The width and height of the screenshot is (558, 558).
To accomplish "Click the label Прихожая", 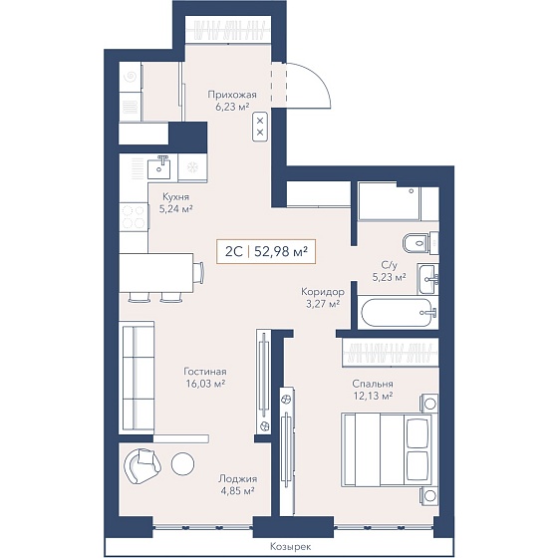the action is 232,95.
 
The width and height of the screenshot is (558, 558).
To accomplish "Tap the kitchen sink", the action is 159,168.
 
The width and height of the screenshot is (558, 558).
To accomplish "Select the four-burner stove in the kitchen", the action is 134,217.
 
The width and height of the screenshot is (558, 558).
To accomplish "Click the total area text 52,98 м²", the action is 281,251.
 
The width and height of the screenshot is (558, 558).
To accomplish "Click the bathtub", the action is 398,313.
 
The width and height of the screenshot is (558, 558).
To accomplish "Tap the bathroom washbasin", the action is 427,279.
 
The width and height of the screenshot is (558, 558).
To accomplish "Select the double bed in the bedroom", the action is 387,449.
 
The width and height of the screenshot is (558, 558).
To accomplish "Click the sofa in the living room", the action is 139,377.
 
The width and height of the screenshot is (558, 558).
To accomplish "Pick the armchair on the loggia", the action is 141,465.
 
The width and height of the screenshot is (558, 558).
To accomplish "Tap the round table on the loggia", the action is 182,463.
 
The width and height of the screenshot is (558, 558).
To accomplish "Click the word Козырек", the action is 290,546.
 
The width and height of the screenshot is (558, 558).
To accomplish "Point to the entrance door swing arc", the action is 320,76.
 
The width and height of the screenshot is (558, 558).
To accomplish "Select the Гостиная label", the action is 205,372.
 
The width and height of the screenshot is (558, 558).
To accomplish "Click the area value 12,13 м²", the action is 373,396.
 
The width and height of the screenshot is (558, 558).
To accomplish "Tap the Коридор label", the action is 323,292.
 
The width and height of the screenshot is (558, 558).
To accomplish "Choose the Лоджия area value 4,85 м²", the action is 236,490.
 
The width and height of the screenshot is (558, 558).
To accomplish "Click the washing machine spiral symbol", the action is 131,77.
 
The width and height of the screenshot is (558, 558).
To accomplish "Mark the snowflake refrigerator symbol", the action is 192,167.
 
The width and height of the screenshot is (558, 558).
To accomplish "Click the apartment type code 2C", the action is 234,251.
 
